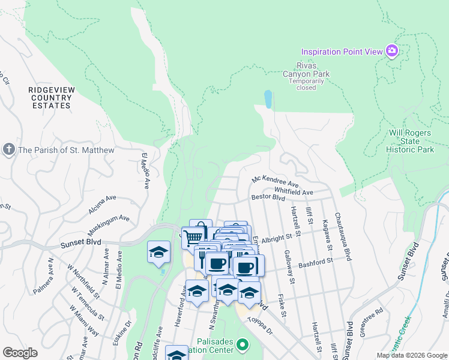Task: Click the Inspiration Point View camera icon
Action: [392, 51]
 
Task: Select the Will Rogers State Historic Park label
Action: [410, 141]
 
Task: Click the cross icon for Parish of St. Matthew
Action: [9, 149]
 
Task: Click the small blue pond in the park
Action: [268, 98]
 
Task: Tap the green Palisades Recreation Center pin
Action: [243, 344]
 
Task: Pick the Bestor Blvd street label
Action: [268, 197]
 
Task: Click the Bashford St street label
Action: [315, 263]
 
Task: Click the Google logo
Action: [20, 353]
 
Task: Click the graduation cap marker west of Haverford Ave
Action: [158, 252]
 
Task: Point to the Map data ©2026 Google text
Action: [411, 355]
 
